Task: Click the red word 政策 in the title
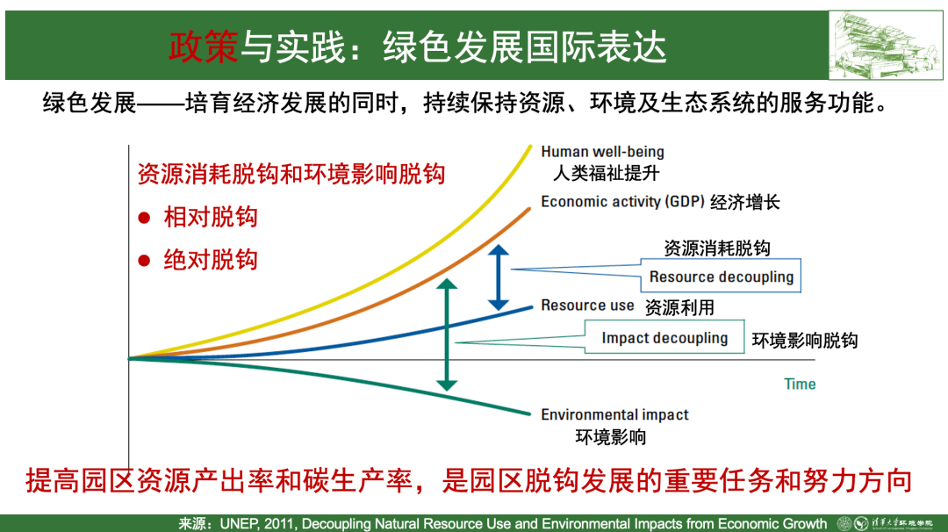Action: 204,47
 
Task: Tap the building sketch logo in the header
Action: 885,46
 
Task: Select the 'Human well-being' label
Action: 602,152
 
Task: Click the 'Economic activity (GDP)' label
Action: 622,202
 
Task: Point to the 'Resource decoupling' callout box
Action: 721,277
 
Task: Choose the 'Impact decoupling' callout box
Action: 664,337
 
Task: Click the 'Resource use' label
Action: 587,306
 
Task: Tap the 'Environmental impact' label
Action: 614,414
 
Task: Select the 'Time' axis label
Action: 800,384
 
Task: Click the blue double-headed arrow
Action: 499,277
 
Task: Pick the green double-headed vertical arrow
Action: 446,334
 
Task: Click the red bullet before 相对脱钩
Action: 144,218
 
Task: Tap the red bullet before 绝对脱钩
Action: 144,261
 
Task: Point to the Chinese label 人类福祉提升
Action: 607,174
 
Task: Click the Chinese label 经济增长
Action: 745,202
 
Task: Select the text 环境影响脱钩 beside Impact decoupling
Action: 805,341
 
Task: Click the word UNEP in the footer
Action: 240,523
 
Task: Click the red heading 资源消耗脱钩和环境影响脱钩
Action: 291,174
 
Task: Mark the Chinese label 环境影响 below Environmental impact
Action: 611,436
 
